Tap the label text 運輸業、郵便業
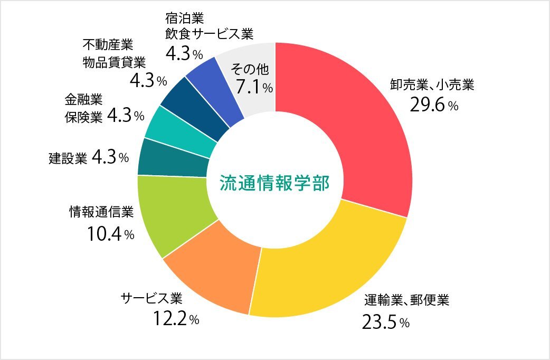pos(406,301)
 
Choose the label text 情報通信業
pos(101,212)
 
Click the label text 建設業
pos(68,157)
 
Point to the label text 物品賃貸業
pos(113,62)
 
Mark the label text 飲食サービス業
pos(209,34)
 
